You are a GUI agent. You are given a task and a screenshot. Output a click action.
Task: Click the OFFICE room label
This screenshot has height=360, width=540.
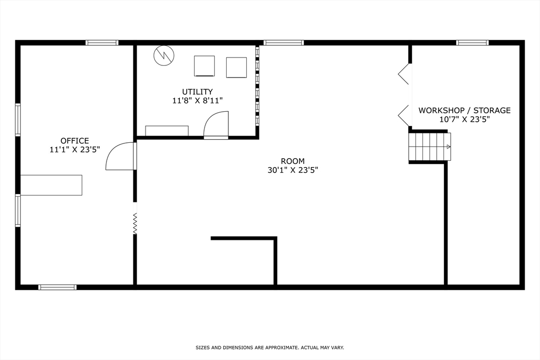[74, 141]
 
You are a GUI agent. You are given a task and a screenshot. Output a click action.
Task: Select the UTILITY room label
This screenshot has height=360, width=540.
[197, 92]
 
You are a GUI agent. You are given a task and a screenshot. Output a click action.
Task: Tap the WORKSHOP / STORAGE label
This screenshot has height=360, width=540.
[464, 110]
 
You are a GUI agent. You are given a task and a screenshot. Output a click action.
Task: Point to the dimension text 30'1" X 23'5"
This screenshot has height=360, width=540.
[293, 170]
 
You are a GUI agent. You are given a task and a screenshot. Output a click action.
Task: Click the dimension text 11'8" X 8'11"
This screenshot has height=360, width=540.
[197, 101]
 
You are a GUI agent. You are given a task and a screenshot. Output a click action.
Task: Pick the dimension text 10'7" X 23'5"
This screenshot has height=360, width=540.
[465, 119]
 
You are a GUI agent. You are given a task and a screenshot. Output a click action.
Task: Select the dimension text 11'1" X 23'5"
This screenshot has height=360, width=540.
[74, 150]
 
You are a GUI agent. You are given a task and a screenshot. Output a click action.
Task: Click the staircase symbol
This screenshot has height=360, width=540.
[430, 147]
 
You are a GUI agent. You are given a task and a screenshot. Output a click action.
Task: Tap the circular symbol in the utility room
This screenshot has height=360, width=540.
[163, 55]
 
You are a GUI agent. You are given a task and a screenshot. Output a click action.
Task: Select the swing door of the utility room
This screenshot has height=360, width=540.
[216, 125]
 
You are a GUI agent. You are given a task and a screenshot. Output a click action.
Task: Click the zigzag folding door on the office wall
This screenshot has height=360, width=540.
[135, 223]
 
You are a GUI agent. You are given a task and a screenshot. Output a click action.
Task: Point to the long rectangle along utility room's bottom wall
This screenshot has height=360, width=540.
[167, 131]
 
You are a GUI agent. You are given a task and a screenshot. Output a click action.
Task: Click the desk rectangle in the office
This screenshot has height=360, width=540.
[51, 185]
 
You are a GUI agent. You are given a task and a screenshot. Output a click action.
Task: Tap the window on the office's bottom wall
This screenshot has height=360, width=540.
[57, 287]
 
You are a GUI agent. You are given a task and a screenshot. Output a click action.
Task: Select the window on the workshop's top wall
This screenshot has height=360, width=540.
[472, 43]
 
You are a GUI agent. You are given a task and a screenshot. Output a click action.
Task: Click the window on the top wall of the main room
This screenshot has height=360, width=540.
[284, 43]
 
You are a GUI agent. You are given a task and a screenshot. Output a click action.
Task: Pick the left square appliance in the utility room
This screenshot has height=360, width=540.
[204, 66]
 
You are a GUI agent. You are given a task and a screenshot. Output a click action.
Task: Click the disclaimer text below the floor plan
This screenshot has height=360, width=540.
[269, 347]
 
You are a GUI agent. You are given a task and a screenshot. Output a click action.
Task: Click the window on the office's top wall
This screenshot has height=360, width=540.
[102, 43]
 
